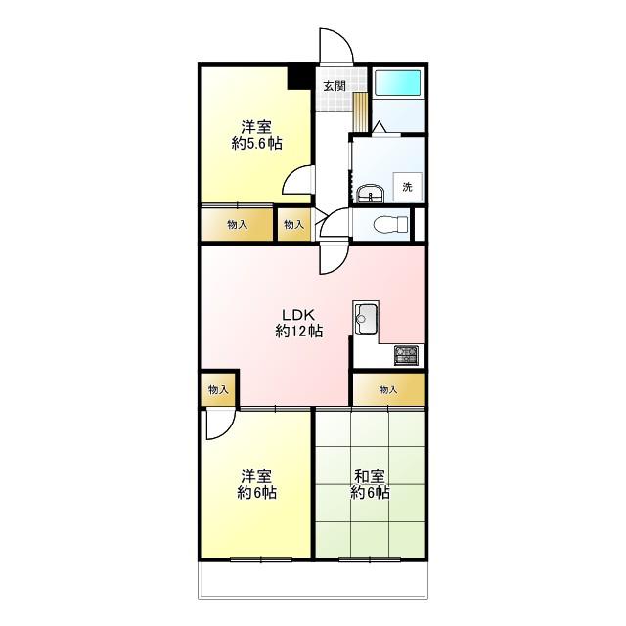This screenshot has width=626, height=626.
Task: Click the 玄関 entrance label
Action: tap(335, 86)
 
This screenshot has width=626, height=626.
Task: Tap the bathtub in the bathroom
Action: tap(398, 83)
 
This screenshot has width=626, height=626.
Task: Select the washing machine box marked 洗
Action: tap(407, 187)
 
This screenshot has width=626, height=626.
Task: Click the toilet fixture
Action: tap(390, 224)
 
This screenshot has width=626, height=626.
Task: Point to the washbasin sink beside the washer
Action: tap(370, 194)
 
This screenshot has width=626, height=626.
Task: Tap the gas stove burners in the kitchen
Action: tap(407, 355)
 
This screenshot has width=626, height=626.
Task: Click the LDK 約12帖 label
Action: tap(299, 323)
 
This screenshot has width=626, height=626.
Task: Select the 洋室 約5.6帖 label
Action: tap(256, 135)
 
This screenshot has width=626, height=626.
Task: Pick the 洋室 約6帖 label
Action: tap(256, 484)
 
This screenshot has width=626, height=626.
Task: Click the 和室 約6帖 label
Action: tap(370, 484)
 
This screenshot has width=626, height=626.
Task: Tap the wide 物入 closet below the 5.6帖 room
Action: tap(237, 225)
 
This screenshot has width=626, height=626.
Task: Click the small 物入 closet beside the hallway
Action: tap(293, 225)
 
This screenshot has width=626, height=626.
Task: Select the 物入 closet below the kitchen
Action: tap(388, 389)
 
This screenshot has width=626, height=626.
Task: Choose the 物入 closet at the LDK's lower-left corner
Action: tap(218, 389)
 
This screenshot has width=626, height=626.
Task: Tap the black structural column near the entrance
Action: tap(299, 77)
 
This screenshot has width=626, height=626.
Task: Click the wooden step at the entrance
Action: tap(361, 112)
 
